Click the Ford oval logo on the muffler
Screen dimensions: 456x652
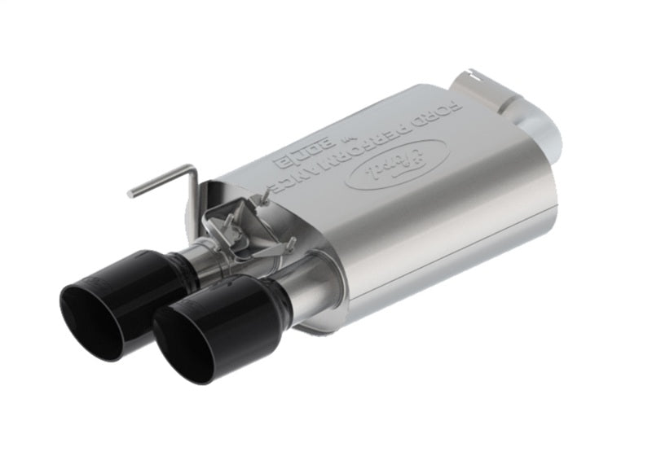(x=397, y=164)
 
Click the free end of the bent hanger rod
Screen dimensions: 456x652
(x=130, y=195)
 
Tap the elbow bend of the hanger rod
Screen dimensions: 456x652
(x=193, y=169)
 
